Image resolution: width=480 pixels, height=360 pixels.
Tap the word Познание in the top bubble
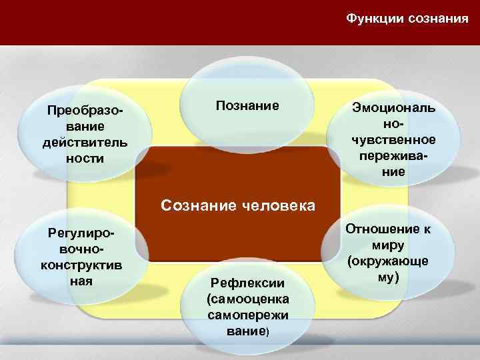coord(247,105)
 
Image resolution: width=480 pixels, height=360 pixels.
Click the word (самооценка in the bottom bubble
coord(247,298)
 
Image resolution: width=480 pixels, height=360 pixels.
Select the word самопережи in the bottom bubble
coord(247,313)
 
